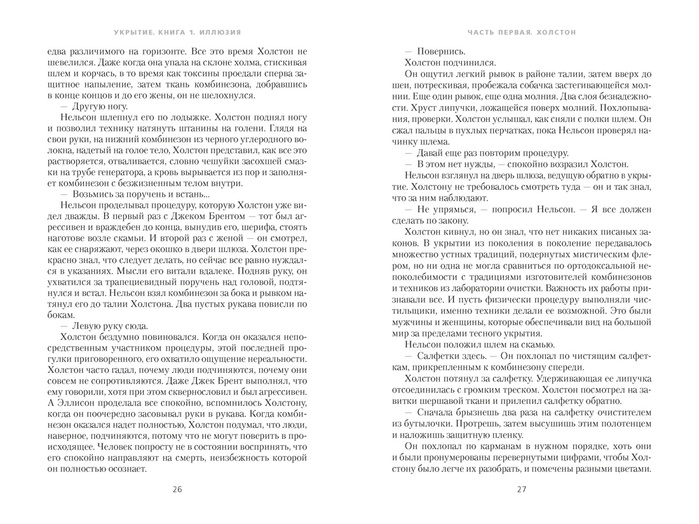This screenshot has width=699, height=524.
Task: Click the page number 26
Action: point(177,489)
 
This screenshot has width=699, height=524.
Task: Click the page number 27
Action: point(522,489)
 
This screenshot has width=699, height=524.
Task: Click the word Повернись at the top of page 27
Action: point(443,50)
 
